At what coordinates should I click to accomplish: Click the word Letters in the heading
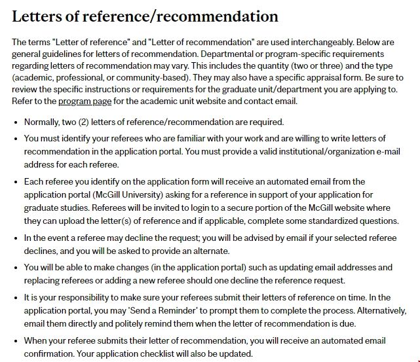click(37, 16)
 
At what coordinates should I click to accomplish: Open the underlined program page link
click(85, 101)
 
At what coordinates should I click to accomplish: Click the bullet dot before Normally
click(15, 122)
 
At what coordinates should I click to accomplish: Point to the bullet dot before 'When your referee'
click(15, 341)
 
